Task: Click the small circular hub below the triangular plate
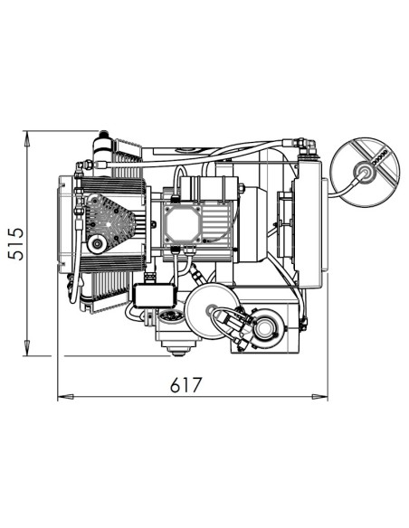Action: (95, 246)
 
